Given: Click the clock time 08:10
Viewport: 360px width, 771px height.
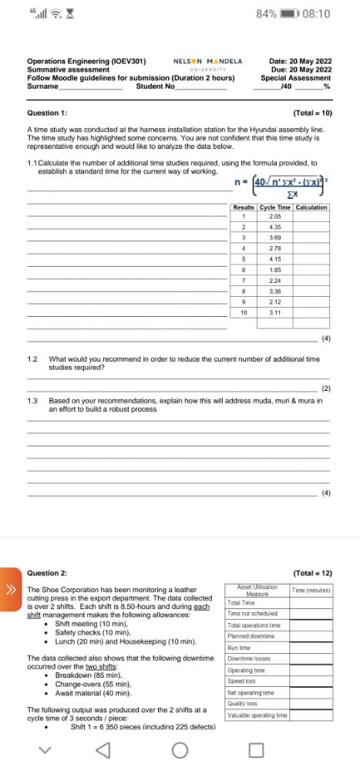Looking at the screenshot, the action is [317, 14].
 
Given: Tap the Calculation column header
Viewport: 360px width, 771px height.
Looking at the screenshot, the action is [311, 207].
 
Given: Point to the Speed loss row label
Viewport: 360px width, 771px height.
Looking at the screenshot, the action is [242, 681].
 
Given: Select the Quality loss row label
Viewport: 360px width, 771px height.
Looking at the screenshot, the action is [242, 703].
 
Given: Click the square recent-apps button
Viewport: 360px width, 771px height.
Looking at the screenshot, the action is [257, 749].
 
